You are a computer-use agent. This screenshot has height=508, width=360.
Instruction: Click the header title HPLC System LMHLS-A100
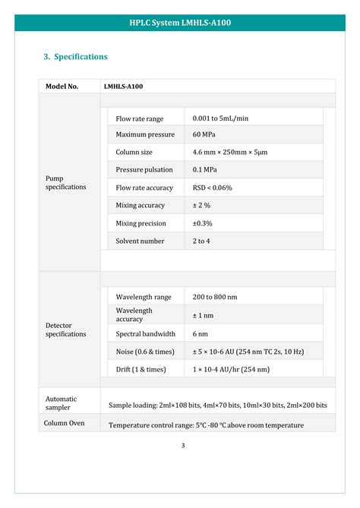click(x=180, y=23)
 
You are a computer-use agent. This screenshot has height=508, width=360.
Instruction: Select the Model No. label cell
click(x=62, y=87)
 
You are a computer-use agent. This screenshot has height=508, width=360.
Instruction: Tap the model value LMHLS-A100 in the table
click(x=123, y=87)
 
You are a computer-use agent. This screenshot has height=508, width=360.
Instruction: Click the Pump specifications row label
click(x=66, y=182)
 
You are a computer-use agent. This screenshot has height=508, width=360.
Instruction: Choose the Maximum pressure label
click(x=145, y=135)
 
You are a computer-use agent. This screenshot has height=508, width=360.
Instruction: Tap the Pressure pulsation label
click(x=144, y=170)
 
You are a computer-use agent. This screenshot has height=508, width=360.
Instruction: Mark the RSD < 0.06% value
click(x=213, y=188)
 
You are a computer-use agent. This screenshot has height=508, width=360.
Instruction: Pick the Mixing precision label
click(x=141, y=223)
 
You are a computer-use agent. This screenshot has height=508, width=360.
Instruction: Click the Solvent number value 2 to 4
click(x=201, y=241)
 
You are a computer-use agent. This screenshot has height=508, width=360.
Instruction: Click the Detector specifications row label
click(x=66, y=330)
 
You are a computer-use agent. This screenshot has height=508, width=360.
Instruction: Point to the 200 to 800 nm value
click(x=215, y=297)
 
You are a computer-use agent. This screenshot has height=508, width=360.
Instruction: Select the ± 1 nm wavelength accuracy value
click(x=203, y=315)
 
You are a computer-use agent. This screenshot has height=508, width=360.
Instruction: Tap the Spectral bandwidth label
click(x=146, y=334)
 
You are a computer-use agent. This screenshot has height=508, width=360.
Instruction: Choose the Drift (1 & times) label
click(x=141, y=369)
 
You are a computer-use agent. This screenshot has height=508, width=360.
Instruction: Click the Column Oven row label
click(x=65, y=423)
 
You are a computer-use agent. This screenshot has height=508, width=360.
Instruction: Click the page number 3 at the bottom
click(x=183, y=445)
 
